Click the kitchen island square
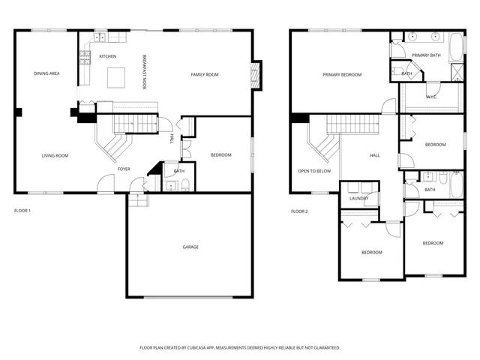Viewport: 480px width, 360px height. tap(115, 77)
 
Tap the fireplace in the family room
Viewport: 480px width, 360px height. tap(255, 74)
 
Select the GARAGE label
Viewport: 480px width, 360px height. tap(190, 247)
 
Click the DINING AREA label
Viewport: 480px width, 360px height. tap(46, 73)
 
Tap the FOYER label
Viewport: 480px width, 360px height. tap(124, 169)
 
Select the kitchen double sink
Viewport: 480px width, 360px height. tap(98, 37)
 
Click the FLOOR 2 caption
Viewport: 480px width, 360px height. tap(299, 211)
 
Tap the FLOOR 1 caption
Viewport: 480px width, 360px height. tap(22, 211)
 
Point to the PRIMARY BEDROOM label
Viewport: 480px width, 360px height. tap(342, 75)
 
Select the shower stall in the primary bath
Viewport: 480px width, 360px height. tap(457, 72)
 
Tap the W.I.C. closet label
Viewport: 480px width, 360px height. tap(431, 96)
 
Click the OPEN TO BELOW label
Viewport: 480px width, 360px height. tap(314, 171)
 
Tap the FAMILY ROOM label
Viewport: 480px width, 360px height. tap(204, 74)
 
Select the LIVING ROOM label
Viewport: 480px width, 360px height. tap(55, 156)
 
